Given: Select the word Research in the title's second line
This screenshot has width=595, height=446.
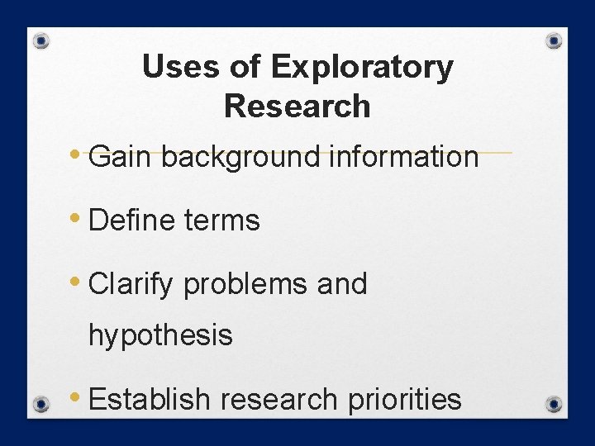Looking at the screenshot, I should pos(297,107).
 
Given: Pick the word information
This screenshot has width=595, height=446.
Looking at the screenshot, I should pos(403,156).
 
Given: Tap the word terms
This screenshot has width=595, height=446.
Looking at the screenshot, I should pos(221,221).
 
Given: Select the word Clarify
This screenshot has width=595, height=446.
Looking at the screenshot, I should pos(131,285).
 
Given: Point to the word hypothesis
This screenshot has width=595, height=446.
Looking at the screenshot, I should pos(160,335).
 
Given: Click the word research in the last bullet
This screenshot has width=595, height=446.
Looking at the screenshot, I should pos(278,400).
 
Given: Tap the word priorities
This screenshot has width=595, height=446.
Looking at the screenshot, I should pos(404,400).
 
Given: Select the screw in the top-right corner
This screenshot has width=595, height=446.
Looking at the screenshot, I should pos(555,40).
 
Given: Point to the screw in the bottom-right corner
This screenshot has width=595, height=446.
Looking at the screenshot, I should pos(555,405).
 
